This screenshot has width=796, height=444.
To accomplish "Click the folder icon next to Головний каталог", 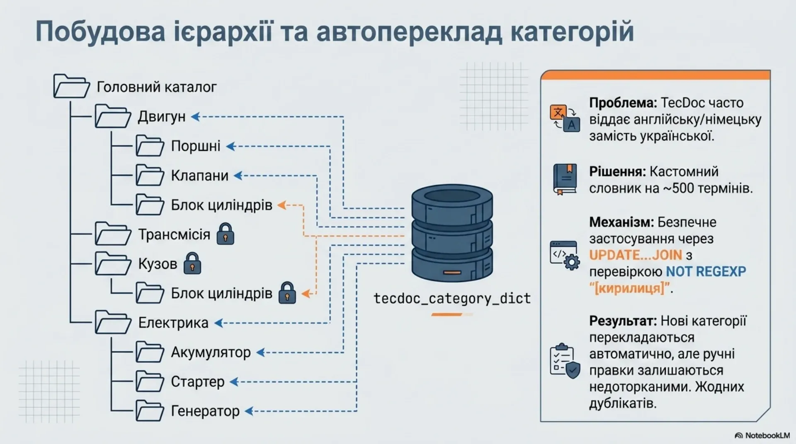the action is (x=71, y=86).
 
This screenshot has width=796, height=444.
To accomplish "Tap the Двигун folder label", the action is (x=162, y=117).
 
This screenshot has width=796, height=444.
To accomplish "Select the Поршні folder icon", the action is (x=150, y=146).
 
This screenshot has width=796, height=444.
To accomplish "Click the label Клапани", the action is (x=200, y=176).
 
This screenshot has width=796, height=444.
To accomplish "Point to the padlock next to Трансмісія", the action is (x=226, y=234).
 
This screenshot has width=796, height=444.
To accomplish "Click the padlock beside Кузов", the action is (x=192, y=263).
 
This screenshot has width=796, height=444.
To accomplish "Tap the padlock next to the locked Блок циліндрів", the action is (x=287, y=293).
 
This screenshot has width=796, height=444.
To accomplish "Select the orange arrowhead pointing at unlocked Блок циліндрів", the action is (x=282, y=205).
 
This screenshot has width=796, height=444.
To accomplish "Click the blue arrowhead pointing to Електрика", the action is (x=218, y=323).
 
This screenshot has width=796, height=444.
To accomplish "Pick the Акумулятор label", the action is (x=211, y=352).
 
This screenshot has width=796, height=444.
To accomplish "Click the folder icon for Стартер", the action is (x=150, y=381).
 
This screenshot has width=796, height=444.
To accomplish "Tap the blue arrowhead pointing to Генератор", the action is (x=249, y=411).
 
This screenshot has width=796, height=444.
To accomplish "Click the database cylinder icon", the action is (x=452, y=234).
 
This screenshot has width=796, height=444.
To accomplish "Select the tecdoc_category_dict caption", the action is (x=452, y=299).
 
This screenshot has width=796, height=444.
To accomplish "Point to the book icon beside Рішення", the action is (x=564, y=179).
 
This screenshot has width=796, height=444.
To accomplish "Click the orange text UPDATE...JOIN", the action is (x=636, y=255).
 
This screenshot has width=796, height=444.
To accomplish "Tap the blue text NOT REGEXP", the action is (x=706, y=272).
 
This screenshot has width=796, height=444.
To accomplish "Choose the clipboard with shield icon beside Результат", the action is (x=565, y=361).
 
